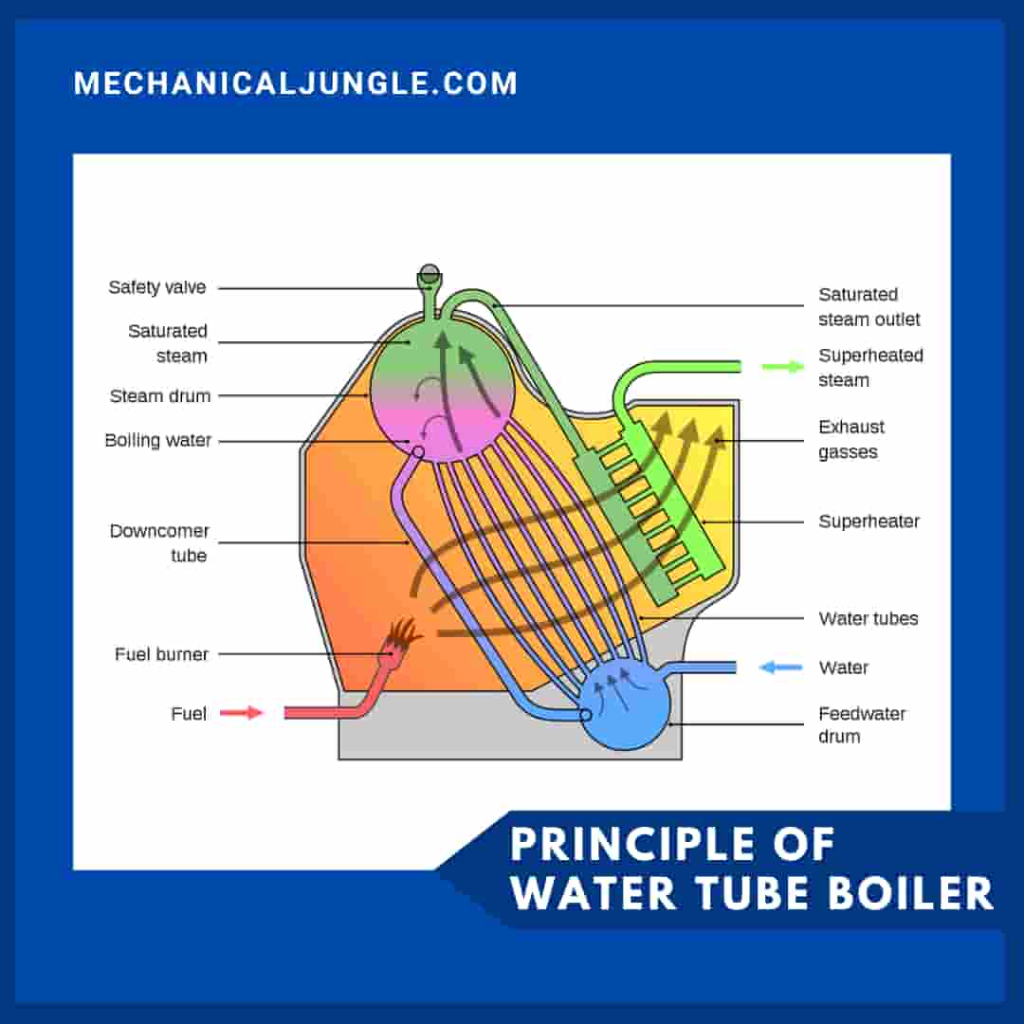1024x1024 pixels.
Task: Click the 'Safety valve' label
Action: [x=156, y=287]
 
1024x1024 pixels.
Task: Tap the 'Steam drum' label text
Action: [x=159, y=396]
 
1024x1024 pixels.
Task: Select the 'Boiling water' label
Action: [x=157, y=441]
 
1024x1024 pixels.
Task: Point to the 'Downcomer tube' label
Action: [x=159, y=543]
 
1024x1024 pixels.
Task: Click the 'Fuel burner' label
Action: [x=161, y=654]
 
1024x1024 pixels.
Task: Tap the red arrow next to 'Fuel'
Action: [x=241, y=713]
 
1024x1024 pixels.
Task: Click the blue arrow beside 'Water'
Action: [x=781, y=667]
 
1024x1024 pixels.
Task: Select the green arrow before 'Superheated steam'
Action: [x=782, y=367]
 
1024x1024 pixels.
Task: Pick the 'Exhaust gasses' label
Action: [x=851, y=439]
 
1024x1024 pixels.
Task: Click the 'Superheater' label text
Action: [x=869, y=521]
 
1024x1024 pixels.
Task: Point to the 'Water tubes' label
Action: [x=869, y=619]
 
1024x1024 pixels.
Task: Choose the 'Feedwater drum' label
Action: [x=861, y=725]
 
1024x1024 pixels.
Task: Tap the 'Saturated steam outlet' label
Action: [x=869, y=307]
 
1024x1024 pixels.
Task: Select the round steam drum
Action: [x=442, y=389]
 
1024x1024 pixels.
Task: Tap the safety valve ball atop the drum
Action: [x=430, y=274]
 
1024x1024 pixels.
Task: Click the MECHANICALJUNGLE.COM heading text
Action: [x=296, y=83]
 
